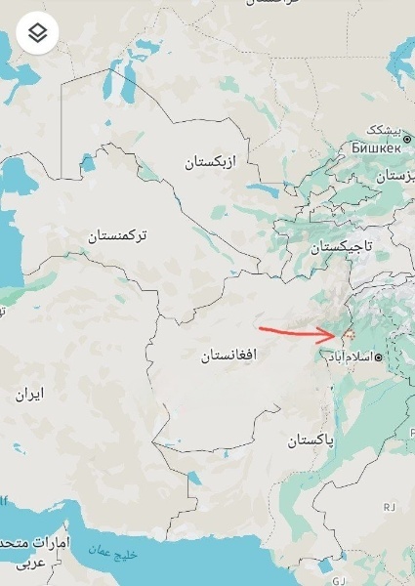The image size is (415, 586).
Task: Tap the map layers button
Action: click(37, 33)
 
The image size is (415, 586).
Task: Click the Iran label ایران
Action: click(29, 395)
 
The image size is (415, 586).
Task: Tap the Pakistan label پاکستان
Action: click(311, 440)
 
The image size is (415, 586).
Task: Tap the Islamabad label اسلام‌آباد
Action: click(347, 357)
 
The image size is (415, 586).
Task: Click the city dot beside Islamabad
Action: click(378, 357)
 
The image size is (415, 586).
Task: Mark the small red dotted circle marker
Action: click(346, 336)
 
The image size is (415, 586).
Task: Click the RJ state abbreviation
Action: click(389, 506)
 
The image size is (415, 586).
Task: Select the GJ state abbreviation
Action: click(340, 579)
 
